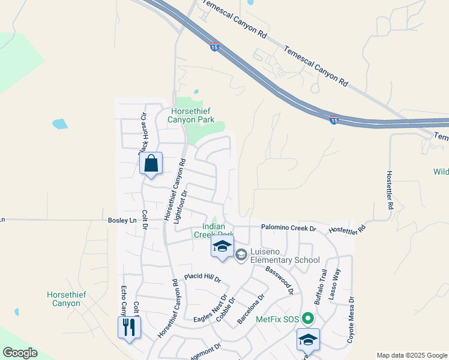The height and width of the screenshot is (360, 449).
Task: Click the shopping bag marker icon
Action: point(151,163)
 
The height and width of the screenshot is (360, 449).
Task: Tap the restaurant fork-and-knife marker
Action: point(129,328)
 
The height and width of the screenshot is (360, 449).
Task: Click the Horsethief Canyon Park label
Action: point(192,115)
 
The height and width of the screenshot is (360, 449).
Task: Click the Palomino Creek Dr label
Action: point(288,228)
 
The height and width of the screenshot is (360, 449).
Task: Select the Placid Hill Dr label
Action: point(202,278)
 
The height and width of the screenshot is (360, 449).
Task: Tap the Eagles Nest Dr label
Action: point(210,309)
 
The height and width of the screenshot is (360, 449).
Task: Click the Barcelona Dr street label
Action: point(251,309)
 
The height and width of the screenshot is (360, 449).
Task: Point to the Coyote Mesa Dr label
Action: point(351,319)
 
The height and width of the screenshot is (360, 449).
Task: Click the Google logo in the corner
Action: point(20,353)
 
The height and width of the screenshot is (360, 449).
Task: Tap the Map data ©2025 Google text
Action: point(412,355)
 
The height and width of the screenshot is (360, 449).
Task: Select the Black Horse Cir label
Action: point(143,133)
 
